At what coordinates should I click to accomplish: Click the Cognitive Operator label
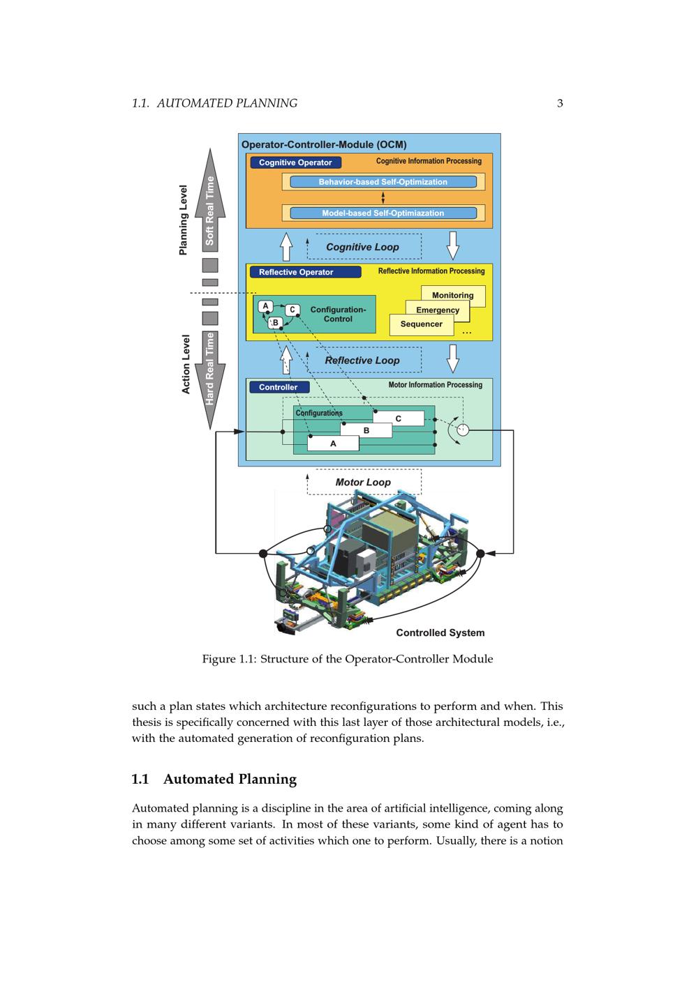(x=295, y=162)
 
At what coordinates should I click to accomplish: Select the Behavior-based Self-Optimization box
(x=383, y=182)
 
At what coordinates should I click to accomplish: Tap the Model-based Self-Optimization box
(x=383, y=213)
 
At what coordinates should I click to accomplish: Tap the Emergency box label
(x=438, y=310)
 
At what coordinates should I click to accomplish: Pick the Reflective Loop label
(x=363, y=361)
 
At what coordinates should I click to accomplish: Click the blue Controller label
(x=279, y=387)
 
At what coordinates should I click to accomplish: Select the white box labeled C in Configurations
(x=399, y=418)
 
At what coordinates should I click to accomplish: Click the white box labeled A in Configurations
(x=333, y=443)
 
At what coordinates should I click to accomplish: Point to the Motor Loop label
(x=363, y=482)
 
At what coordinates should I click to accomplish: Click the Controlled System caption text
(x=440, y=632)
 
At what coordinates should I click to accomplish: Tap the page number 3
(x=560, y=103)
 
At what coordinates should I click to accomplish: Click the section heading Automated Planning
(x=230, y=779)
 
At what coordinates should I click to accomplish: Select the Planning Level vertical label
(x=184, y=220)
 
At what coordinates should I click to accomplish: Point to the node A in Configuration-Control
(x=265, y=306)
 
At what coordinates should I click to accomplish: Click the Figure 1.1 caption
(x=348, y=659)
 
